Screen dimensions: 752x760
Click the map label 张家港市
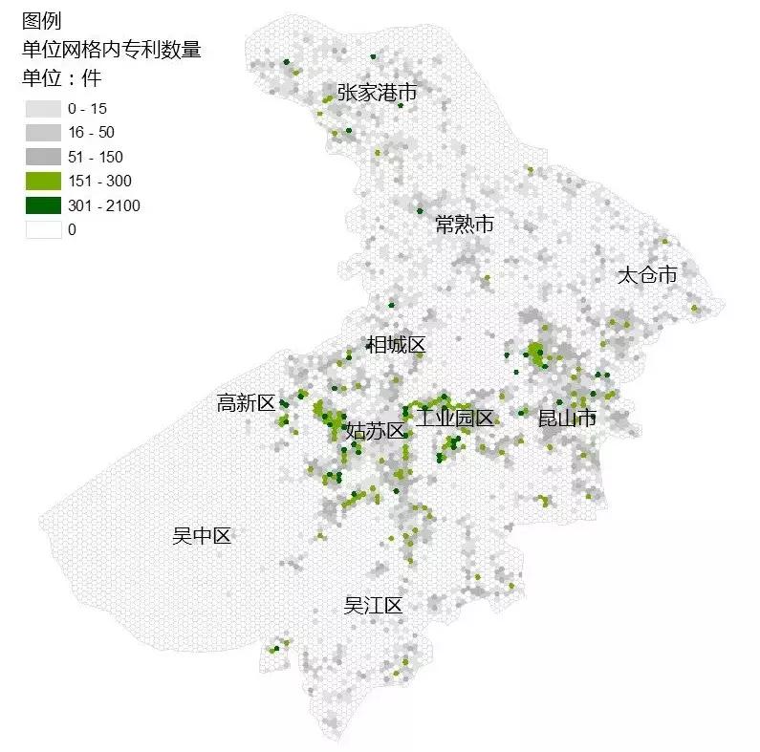[377, 93]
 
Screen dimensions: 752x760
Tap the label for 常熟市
[464, 225]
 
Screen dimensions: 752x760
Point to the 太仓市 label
[646, 275]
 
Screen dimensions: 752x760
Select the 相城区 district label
[395, 345]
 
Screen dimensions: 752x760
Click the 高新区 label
[246, 403]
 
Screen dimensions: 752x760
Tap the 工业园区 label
[454, 418]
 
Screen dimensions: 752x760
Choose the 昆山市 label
[567, 418]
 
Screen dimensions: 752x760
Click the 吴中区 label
[202, 536]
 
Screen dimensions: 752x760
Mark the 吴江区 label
[373, 606]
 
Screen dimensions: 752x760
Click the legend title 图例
[41, 21]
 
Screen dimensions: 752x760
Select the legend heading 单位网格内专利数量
[111, 49]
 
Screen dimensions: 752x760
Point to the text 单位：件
[61, 76]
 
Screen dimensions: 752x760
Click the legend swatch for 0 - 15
[42, 107]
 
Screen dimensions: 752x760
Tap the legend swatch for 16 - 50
[42, 132]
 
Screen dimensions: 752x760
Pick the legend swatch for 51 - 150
[42, 156]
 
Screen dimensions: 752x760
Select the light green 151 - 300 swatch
[42, 181]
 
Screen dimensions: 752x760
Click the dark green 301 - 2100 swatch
[42, 205]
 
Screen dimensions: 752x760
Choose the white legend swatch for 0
[42, 229]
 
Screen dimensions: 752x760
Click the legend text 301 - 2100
[104, 205]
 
